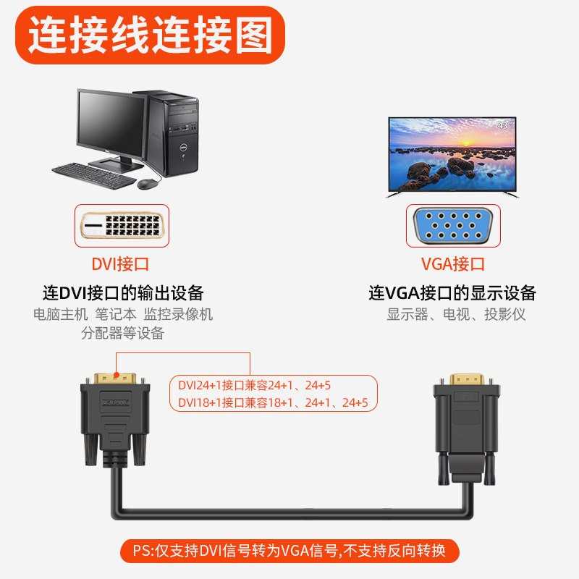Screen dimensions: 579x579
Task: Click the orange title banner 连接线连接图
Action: [151, 33]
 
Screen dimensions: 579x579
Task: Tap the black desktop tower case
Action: [169, 134]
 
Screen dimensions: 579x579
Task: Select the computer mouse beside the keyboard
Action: [148, 184]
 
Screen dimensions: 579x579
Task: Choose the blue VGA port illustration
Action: [453, 227]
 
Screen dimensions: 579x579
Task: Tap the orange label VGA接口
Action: [453, 264]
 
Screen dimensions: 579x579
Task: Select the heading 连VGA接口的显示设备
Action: [452, 293]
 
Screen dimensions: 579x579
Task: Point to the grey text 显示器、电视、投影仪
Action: [456, 315]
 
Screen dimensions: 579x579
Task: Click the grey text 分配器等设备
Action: [123, 333]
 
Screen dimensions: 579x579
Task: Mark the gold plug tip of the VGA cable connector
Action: [466, 380]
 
